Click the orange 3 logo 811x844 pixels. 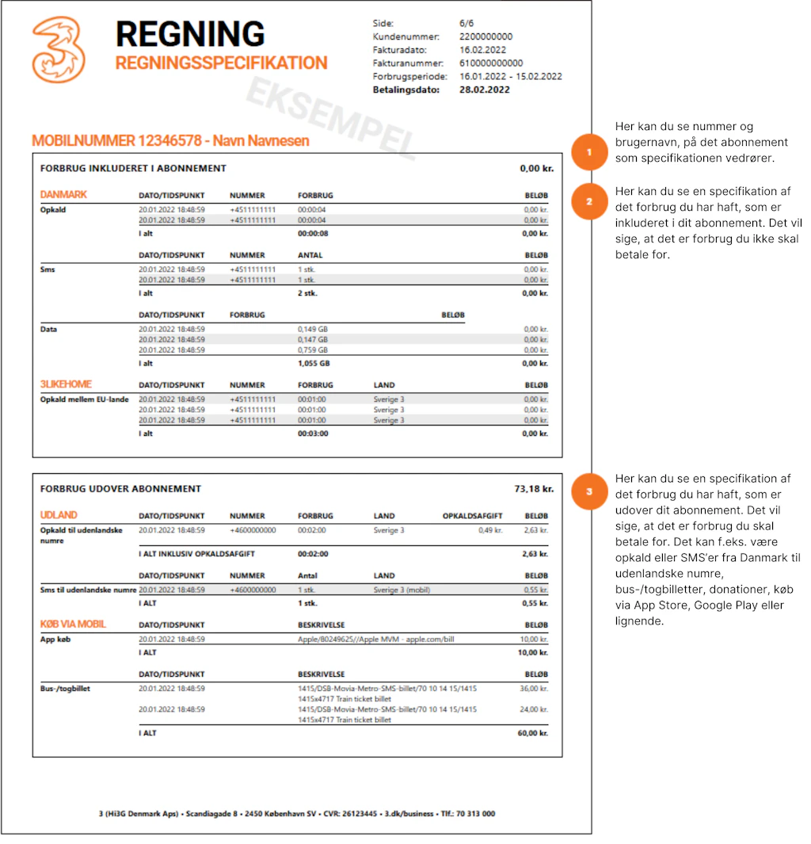59,50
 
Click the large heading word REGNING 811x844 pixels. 190,34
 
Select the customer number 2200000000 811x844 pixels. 485,36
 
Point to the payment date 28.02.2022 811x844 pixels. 485,90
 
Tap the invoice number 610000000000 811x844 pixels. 491,63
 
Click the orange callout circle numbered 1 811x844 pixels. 588,152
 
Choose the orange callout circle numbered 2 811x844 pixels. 588,202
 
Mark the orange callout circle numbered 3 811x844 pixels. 588,491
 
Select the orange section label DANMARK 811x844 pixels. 63,195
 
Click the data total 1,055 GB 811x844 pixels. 314,363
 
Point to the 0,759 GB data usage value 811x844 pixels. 312,349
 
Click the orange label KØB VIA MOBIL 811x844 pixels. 73,624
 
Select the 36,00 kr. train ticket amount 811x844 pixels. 534,689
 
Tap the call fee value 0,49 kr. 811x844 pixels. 490,530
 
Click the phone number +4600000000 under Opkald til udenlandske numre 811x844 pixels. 253,530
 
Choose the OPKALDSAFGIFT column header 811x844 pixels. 472,516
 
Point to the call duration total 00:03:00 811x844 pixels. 313,433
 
